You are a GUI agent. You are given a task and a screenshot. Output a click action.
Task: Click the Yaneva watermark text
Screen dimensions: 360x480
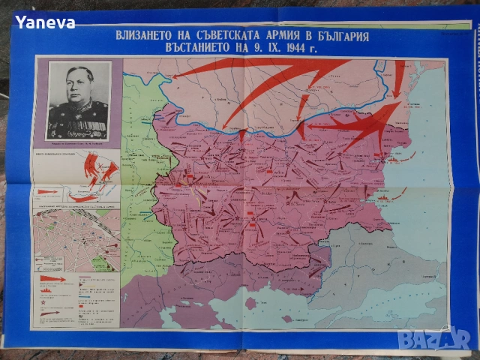pyautogui.click(x=45, y=22)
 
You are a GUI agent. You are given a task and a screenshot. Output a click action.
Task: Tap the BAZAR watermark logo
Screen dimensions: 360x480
pyautogui.click(x=433, y=340)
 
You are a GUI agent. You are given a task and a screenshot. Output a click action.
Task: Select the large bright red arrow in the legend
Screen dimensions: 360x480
pyautogui.click(x=50, y=278)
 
